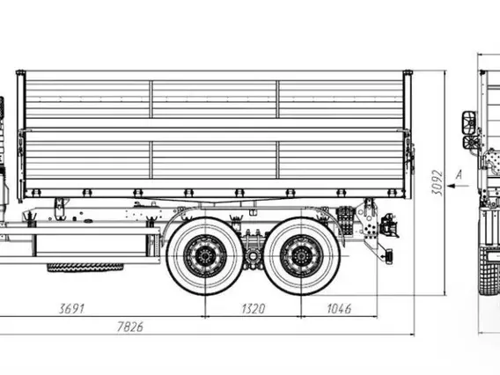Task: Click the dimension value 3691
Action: tap(72, 308)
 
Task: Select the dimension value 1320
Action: tap(254, 308)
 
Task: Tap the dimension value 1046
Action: tap(339, 308)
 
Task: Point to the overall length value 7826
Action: tap(130, 327)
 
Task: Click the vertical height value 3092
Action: tap(437, 183)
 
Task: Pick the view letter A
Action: tap(459, 175)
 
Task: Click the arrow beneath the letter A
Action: tap(458, 186)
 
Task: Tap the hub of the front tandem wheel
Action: tap(205, 256)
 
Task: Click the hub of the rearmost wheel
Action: tap(301, 256)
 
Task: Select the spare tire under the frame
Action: tap(85, 268)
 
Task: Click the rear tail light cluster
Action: tap(390, 225)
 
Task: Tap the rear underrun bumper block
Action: tap(389, 256)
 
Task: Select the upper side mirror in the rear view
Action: tap(469, 122)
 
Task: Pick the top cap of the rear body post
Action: tap(408, 72)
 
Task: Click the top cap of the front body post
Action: tap(20, 72)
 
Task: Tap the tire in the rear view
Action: tap(489, 270)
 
